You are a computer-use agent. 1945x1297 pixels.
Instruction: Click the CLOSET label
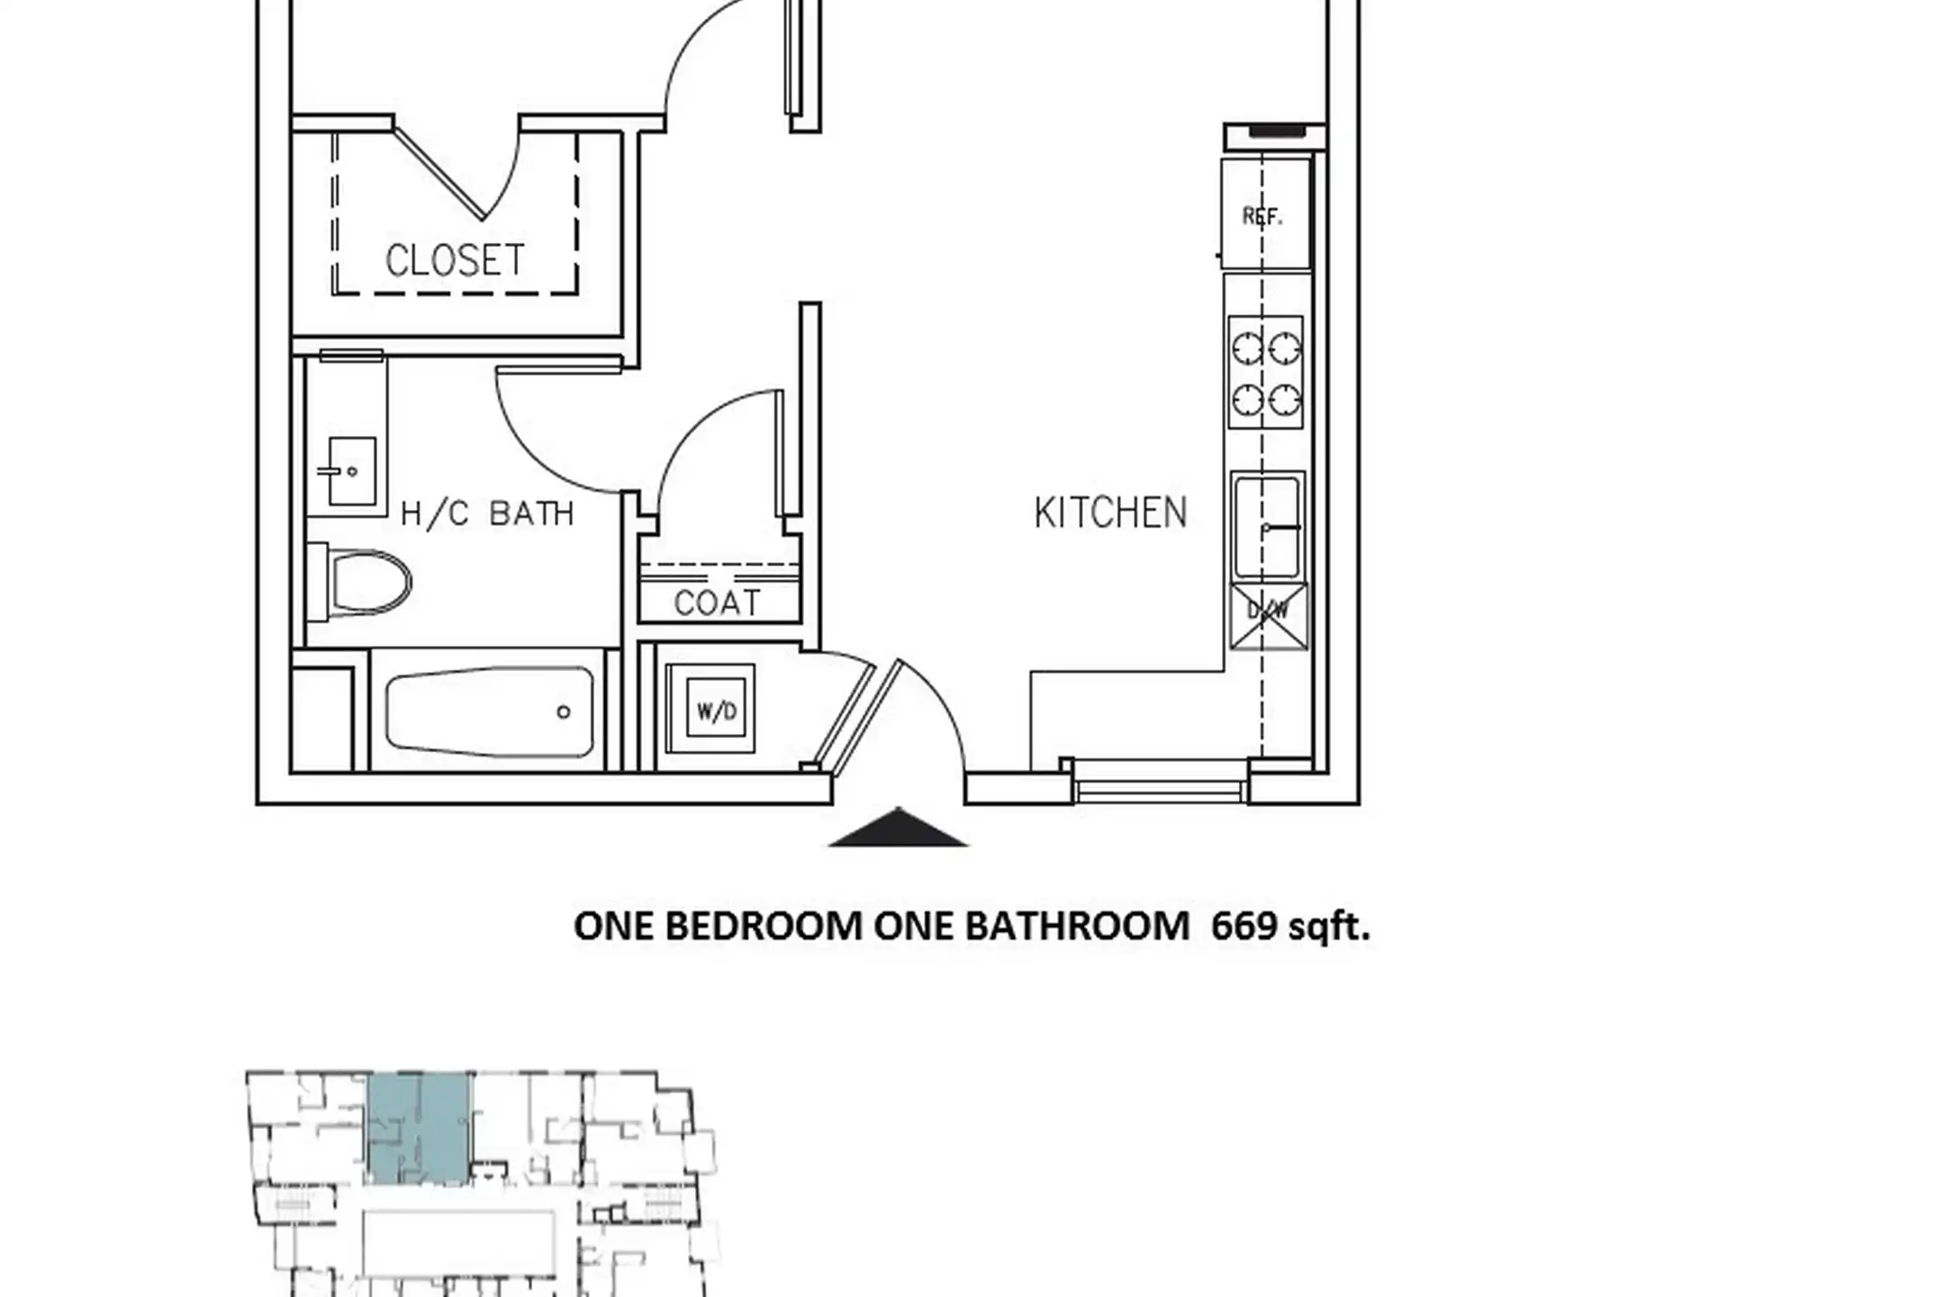(455, 260)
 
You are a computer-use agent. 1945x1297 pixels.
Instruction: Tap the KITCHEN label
(1110, 512)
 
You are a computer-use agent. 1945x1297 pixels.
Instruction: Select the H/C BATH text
(487, 513)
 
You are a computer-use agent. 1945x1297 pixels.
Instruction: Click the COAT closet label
(717, 603)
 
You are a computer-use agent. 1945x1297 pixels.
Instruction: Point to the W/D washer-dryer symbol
(710, 709)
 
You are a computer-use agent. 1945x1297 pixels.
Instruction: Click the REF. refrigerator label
(1262, 216)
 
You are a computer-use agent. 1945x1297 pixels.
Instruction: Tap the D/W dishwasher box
(1268, 616)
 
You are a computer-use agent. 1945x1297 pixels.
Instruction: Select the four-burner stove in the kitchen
(1265, 372)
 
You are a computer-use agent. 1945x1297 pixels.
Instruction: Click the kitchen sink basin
(1268, 526)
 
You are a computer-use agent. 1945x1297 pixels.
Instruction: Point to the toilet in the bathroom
(359, 582)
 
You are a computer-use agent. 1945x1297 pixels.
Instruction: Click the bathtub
(490, 712)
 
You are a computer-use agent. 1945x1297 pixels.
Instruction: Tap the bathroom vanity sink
(350, 471)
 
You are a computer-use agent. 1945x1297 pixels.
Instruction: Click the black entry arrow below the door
(898, 828)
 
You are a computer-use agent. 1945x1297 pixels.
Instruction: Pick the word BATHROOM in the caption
(1077, 927)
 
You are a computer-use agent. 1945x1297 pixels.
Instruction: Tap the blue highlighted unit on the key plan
(419, 1128)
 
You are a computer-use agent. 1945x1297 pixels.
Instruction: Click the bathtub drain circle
(564, 712)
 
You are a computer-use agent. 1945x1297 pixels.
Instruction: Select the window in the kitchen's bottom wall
(1161, 781)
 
